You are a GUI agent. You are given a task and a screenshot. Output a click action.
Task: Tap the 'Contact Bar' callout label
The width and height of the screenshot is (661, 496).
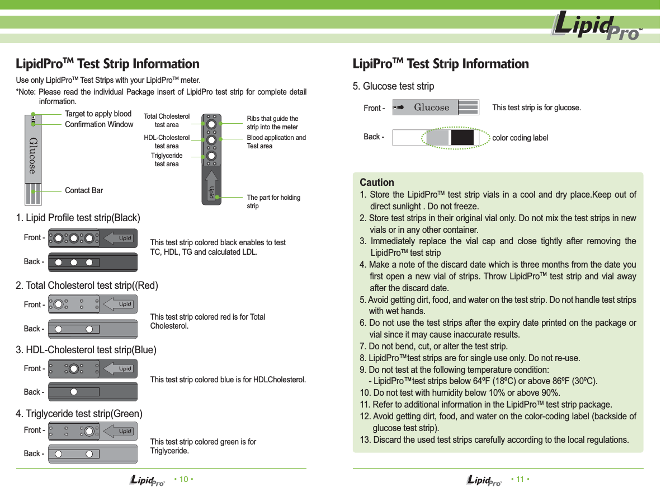[x=84, y=190]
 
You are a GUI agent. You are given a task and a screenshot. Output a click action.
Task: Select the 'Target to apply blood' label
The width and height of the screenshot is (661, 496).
[x=98, y=114]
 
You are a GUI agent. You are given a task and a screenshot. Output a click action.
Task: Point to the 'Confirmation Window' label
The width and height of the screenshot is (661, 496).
[x=99, y=124]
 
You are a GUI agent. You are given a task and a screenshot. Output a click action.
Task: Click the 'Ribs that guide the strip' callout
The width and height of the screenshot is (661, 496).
[x=272, y=123]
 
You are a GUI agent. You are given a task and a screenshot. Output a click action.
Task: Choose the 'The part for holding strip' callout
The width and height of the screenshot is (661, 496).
[x=273, y=202]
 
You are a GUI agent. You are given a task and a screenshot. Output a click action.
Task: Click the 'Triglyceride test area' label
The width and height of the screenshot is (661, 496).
[x=167, y=160]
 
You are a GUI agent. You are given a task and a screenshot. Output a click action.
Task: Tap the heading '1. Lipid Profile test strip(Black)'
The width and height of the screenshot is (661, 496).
[x=78, y=217]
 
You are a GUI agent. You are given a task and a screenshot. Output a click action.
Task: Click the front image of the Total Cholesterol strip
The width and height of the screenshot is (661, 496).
[x=93, y=305]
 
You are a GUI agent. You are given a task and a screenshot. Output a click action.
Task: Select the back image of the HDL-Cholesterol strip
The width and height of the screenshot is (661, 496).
[x=93, y=392]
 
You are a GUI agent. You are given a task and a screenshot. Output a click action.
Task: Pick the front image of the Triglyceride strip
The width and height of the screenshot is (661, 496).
[x=93, y=431]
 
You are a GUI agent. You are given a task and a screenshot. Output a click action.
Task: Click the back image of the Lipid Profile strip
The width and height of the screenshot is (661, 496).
[x=93, y=262]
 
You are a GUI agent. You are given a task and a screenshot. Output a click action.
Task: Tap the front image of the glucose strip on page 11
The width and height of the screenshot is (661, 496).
[x=436, y=107]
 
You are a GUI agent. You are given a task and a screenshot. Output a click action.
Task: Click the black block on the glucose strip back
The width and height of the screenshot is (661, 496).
[x=462, y=138]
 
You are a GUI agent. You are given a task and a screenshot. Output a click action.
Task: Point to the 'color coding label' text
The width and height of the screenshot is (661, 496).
[x=520, y=138]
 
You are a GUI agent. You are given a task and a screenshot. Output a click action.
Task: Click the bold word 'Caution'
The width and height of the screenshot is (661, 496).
[x=377, y=183]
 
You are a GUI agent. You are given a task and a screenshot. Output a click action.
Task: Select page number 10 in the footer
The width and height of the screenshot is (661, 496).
[x=183, y=480]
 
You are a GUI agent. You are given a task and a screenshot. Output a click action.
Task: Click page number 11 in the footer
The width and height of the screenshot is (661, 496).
[x=520, y=480]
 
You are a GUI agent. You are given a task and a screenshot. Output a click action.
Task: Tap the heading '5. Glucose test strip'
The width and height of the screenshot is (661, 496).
[x=398, y=86]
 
